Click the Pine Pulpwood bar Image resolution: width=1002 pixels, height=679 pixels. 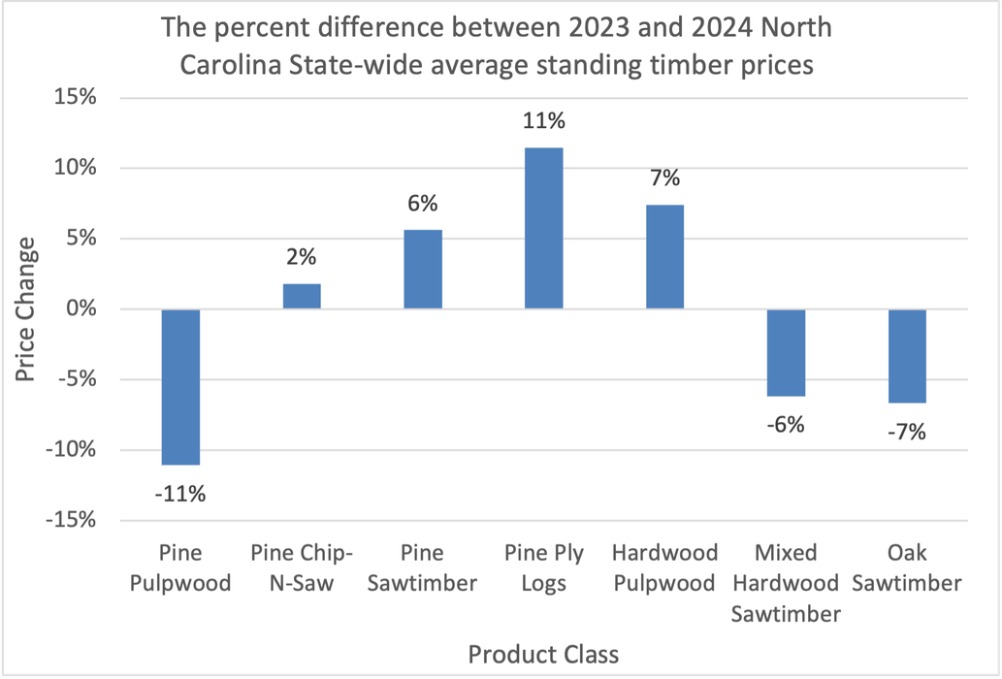click(x=180, y=387)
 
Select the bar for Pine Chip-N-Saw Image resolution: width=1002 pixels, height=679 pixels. click(x=302, y=297)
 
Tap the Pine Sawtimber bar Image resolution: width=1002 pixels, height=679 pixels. click(x=423, y=270)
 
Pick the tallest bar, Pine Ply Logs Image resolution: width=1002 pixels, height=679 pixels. click(x=543, y=229)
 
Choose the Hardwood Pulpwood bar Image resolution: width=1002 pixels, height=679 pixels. click(x=664, y=257)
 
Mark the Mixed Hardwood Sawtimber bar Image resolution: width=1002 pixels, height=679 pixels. click(x=786, y=353)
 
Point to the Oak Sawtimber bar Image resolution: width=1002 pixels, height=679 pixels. click(x=907, y=356)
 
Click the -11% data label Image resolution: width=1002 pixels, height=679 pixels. click(x=180, y=494)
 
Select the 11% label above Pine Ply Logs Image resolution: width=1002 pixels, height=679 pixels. click(x=543, y=121)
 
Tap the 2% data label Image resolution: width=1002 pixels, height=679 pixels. click(x=302, y=258)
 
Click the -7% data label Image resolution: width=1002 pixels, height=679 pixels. click(x=907, y=432)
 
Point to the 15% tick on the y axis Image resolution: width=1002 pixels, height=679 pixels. click(x=76, y=98)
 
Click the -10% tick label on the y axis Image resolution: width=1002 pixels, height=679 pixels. click(x=71, y=450)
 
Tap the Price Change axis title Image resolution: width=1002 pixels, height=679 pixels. click(x=26, y=308)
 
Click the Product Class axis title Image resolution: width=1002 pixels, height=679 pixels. click(x=542, y=654)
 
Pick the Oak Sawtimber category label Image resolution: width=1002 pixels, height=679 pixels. click(x=907, y=567)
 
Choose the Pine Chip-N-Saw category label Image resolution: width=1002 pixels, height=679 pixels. click(x=302, y=567)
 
